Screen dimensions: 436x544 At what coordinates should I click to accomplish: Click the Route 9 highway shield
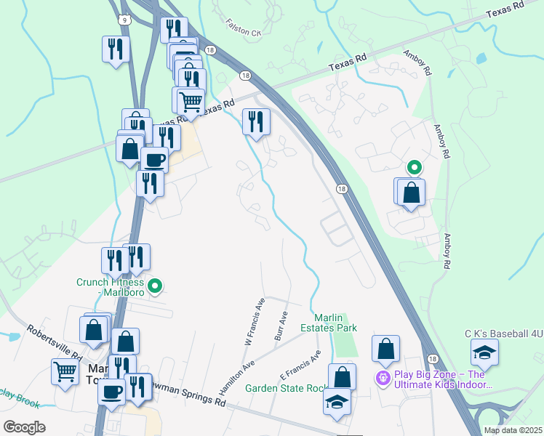pyautogui.click(x=127, y=20)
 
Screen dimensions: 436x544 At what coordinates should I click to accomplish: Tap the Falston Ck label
pyautogui.click(x=243, y=28)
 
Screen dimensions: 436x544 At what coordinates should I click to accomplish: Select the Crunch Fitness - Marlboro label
pyautogui.click(x=111, y=286)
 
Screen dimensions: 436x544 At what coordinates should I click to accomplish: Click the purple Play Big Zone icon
pyautogui.click(x=383, y=378)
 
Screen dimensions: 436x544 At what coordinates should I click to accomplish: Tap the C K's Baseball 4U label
pyautogui.click(x=504, y=334)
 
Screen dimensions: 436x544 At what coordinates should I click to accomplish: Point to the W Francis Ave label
pyautogui.click(x=255, y=320)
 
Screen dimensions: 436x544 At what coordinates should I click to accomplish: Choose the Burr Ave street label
pyautogui.click(x=281, y=324)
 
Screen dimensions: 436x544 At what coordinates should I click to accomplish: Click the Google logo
pyautogui.click(x=24, y=427)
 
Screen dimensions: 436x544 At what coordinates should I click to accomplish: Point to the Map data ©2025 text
pyautogui.click(x=512, y=430)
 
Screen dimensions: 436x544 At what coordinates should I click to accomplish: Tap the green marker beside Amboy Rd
pyautogui.click(x=414, y=168)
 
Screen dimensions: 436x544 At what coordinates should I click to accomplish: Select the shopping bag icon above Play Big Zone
pyautogui.click(x=385, y=349)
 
